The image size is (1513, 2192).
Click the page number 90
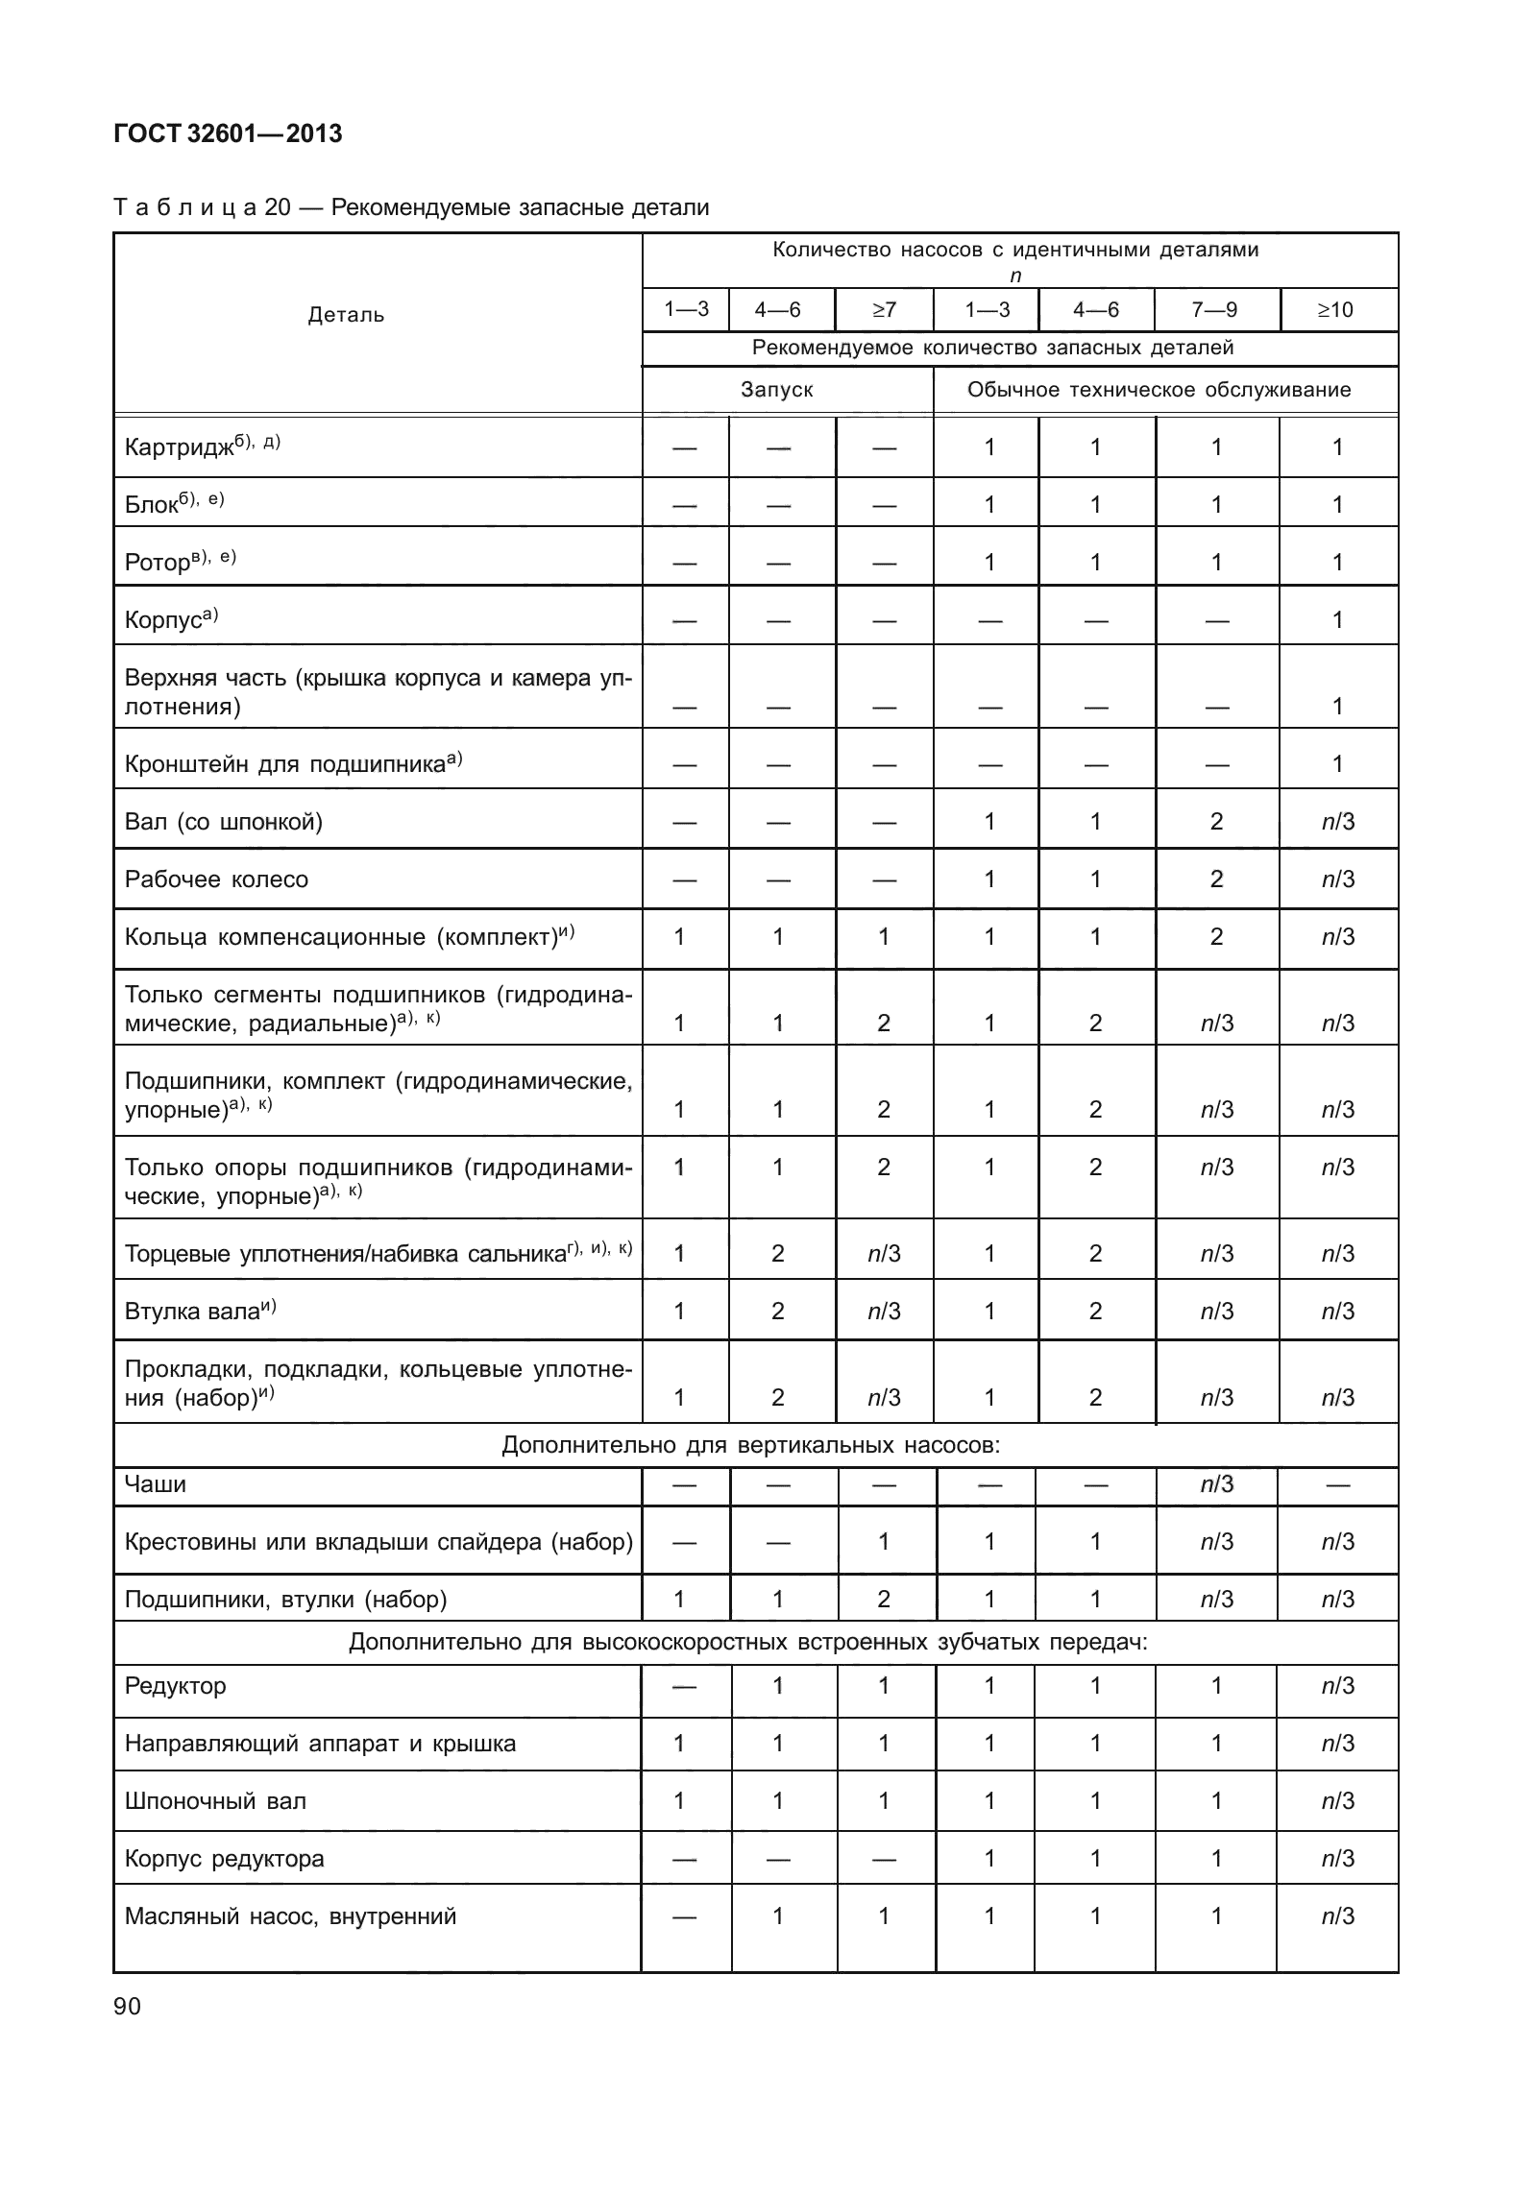pos(127,2006)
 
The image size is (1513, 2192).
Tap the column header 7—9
pos(1215,310)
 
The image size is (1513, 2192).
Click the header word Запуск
pos(776,390)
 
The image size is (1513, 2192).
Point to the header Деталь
pos(346,315)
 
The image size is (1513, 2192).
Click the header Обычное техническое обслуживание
pos(1159,390)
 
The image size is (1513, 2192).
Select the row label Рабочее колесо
pos(216,879)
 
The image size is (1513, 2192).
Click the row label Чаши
pos(156,1484)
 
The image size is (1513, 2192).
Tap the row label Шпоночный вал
pos(215,1801)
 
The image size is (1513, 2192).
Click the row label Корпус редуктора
pos(224,1859)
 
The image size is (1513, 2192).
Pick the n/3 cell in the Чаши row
pos(1216,1485)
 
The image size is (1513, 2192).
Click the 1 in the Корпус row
pos(1336,620)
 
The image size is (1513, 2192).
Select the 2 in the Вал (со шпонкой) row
pos(1216,822)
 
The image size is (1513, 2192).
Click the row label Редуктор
pos(175,1686)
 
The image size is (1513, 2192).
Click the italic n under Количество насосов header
pos(1015,277)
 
